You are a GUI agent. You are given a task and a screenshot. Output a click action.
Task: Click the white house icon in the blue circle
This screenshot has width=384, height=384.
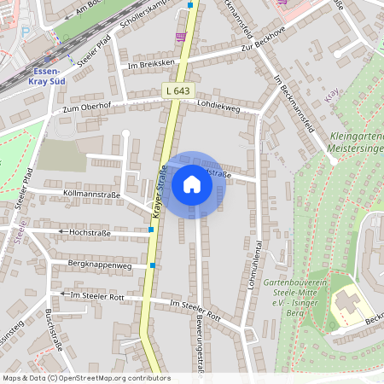pyautogui.click(x=192, y=184)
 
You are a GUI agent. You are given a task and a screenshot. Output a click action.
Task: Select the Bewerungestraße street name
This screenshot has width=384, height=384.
pyautogui.click(x=200, y=345)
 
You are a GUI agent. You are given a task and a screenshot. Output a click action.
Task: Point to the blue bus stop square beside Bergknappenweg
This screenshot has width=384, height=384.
pyautogui.click(x=152, y=265)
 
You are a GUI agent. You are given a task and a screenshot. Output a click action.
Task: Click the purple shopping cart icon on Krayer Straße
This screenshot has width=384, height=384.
pyautogui.click(x=179, y=37)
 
